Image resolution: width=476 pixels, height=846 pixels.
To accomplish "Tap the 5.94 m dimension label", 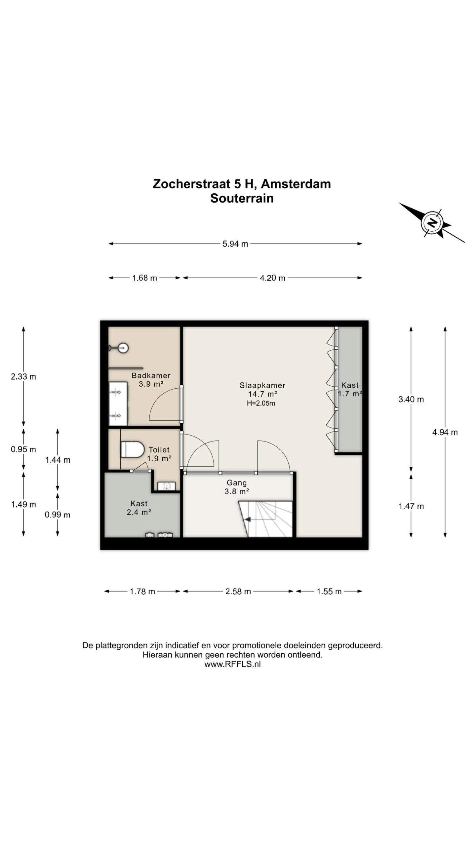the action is pyautogui.click(x=235, y=244).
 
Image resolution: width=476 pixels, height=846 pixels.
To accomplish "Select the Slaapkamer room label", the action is pyautogui.click(x=262, y=385).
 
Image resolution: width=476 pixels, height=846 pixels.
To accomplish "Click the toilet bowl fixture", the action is pyautogui.click(x=132, y=449).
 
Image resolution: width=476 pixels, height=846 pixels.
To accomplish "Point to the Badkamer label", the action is pyautogui.click(x=151, y=375).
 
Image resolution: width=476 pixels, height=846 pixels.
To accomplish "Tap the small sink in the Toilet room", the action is pyautogui.click(x=166, y=486).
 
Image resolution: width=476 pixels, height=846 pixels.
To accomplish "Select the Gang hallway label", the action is pyautogui.click(x=237, y=483).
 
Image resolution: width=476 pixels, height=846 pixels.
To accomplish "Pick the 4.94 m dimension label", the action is pyautogui.click(x=445, y=432).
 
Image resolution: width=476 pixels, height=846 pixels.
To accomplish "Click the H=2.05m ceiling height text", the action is pyautogui.click(x=261, y=403).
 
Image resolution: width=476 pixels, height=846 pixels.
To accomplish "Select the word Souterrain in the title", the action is pyautogui.click(x=242, y=198).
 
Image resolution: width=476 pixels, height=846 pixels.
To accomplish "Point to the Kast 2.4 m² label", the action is pyautogui.click(x=139, y=508).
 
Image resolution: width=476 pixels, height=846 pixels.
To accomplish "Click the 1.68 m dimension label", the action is pyautogui.click(x=144, y=278).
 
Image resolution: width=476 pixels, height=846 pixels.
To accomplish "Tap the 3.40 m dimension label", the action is pyautogui.click(x=411, y=400).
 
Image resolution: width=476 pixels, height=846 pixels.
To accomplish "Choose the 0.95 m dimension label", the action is pyautogui.click(x=23, y=449).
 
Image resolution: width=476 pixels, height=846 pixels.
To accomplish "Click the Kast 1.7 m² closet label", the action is pyautogui.click(x=350, y=390).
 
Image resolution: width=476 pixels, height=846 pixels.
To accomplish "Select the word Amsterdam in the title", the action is pyautogui.click(x=296, y=184).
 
